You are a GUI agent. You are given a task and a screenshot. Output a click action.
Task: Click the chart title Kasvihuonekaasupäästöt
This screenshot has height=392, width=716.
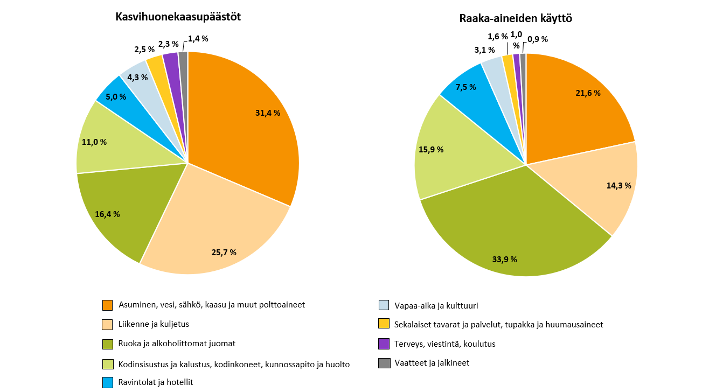tap(178, 17)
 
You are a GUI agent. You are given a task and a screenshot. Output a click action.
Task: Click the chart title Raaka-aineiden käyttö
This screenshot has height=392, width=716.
tap(515, 18)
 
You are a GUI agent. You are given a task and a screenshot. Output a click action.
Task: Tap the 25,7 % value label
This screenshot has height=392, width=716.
tap(223, 252)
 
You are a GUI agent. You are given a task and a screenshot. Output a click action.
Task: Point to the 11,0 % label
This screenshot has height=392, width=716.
tap(94, 142)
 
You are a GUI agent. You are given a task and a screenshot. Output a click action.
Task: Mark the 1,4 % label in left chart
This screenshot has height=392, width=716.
tap(198, 38)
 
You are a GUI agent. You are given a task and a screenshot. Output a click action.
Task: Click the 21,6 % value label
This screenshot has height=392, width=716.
tap(588, 93)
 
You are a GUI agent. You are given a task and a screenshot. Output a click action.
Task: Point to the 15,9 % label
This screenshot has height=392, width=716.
tap(431, 150)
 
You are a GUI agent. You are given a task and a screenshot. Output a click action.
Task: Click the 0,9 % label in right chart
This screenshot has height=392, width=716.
tap(538, 39)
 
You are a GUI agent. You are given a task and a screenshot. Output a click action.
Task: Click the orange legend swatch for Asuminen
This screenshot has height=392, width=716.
tap(108, 305)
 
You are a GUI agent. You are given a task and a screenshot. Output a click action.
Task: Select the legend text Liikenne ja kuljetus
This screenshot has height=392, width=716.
tap(154, 324)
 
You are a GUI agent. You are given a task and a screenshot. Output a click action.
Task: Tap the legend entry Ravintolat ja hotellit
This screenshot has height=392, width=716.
tap(155, 382)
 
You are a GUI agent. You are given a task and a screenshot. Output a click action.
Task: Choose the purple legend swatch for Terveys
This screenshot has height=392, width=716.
tap(384, 344)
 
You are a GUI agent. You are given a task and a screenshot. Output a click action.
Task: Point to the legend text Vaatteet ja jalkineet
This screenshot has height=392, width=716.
tap(432, 363)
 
